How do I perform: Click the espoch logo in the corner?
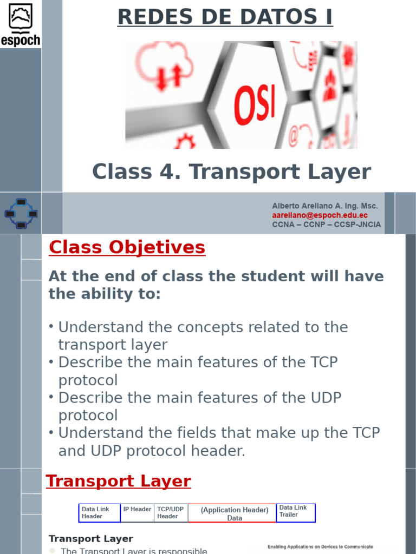(x=21, y=24)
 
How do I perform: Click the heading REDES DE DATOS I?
(x=225, y=17)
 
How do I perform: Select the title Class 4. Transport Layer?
(x=231, y=172)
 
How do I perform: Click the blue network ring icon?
(x=21, y=214)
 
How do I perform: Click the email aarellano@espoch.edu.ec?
(x=320, y=215)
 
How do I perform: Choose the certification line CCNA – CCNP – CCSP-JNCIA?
(x=326, y=225)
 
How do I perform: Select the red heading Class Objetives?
(x=127, y=247)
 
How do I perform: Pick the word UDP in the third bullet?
(x=325, y=398)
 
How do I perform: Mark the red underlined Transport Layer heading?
(x=118, y=481)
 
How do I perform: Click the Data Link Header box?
(x=100, y=513)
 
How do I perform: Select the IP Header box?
(x=137, y=512)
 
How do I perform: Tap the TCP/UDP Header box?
(x=171, y=513)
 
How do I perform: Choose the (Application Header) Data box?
(x=234, y=513)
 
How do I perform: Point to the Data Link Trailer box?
(x=296, y=512)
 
